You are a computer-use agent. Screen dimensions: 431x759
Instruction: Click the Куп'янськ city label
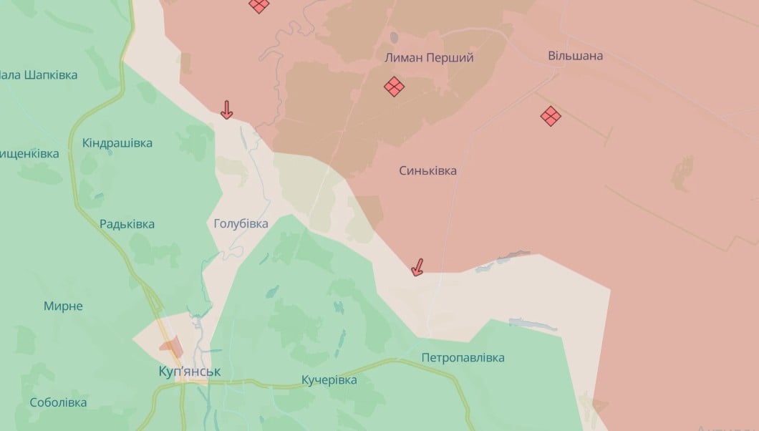point(190,372)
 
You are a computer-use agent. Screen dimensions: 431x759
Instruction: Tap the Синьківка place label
point(427,171)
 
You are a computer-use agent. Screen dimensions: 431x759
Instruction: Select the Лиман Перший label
point(430,58)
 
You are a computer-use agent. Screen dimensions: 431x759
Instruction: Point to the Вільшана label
point(575,56)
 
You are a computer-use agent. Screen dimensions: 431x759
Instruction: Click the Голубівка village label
point(241,224)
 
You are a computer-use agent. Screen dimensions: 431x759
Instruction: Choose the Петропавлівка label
point(463,357)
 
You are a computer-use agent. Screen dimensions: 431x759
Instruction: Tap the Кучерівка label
point(329,379)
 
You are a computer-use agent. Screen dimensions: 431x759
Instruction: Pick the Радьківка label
point(127,224)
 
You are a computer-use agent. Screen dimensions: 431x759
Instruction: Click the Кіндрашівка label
point(117,143)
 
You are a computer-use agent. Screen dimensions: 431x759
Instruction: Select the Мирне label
point(63,306)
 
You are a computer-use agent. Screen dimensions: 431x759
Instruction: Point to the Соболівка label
point(58,402)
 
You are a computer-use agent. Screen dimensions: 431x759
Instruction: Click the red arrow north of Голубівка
point(226,110)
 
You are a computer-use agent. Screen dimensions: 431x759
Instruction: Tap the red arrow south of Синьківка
point(417,268)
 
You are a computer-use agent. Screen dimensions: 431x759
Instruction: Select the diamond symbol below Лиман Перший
point(394,87)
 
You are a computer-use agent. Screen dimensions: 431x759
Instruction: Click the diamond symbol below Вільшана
point(551,116)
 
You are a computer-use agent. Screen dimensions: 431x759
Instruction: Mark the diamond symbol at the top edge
point(259,5)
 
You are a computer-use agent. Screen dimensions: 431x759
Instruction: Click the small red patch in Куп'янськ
point(172,348)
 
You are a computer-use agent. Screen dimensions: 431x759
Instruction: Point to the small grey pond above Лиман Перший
point(394,36)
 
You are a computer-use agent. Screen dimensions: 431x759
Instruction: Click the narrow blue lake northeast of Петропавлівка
point(533,324)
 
